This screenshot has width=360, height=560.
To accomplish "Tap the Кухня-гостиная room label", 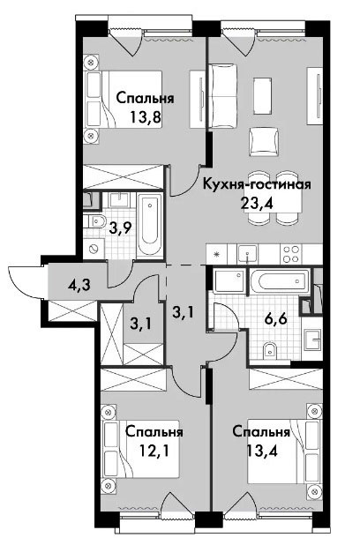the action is tap(257, 184).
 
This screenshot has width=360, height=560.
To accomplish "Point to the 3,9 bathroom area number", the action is tap(119, 228).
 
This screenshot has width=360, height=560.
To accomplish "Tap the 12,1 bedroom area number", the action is tap(154, 451).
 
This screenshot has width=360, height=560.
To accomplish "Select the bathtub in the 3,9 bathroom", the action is tap(150, 224).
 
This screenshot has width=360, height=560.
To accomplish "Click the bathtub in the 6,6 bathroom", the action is tap(279, 281).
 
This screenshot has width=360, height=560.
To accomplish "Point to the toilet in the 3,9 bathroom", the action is tap(94, 221).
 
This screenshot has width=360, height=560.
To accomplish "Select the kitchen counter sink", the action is tap(247, 254).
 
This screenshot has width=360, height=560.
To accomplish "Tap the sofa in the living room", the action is tap(222, 96).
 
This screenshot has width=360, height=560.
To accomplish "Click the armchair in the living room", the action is tap(264, 142).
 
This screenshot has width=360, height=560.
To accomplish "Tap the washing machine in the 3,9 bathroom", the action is tap(94, 247).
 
